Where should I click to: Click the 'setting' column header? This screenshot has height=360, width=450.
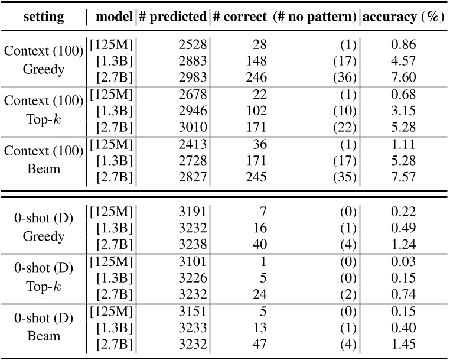click(x=44, y=17)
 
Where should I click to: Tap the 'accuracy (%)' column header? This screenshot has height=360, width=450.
click(x=403, y=17)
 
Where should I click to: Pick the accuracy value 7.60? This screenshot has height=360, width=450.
click(x=403, y=77)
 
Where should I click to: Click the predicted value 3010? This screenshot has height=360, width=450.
click(x=189, y=126)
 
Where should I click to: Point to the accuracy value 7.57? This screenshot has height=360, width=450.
click(x=403, y=176)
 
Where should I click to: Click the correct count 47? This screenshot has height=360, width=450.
click(x=260, y=344)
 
